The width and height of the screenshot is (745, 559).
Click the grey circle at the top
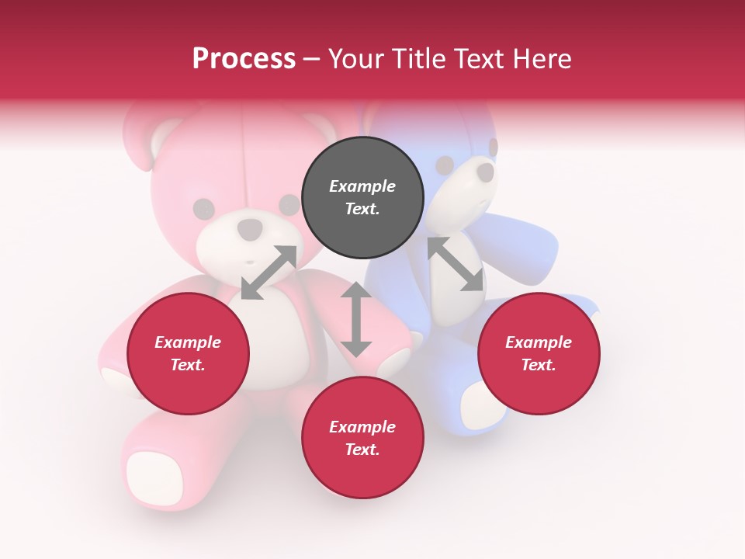362,198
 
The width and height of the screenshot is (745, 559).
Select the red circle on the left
188,354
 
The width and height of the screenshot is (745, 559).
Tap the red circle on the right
539,354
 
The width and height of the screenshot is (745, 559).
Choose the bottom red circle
362,439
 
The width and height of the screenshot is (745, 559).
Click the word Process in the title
244,59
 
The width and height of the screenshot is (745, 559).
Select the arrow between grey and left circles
269,273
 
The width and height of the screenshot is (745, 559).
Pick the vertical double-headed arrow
356,319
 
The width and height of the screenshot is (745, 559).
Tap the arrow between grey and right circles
455,264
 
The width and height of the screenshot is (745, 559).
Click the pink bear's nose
250,229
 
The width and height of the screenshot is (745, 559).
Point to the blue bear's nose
484,172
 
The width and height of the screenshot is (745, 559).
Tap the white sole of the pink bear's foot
154,477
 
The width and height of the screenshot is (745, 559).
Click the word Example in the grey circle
362,186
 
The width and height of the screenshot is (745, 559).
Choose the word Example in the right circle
539,342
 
